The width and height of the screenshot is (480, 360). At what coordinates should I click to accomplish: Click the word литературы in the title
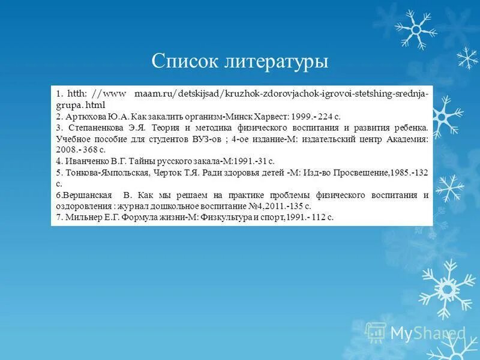coord(277,62)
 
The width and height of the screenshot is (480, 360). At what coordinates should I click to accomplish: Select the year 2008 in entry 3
coord(66,150)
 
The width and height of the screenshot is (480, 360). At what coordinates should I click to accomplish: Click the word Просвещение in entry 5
coord(355,173)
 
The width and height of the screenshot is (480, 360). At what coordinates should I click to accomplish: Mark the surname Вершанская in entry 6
coord(84,195)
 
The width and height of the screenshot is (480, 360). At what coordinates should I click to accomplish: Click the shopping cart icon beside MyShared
coord(376,332)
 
